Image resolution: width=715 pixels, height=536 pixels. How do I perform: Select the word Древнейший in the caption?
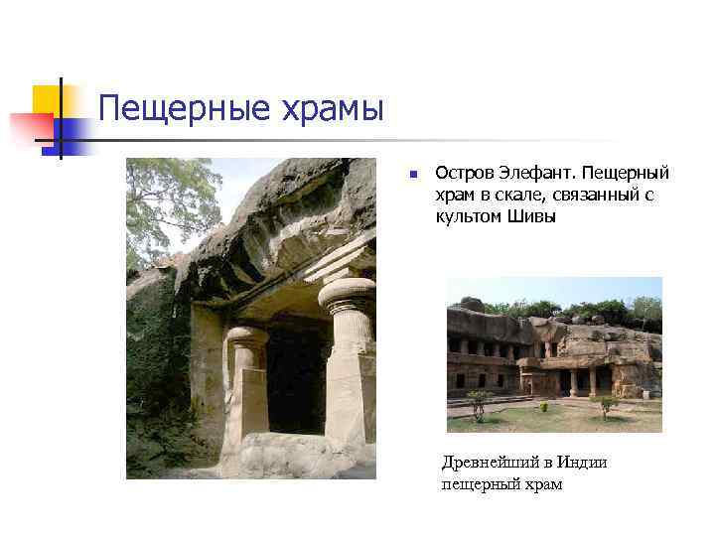[x=494, y=463]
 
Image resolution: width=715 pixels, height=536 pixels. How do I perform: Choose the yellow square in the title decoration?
[x=48, y=99]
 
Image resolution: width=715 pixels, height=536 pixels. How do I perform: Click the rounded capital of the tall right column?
[x=348, y=295]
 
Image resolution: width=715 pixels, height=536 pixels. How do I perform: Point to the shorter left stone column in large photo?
[x=246, y=382]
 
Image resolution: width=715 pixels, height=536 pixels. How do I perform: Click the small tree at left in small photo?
[x=480, y=401]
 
